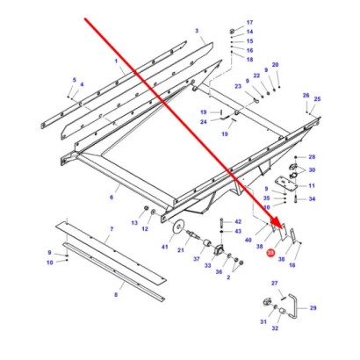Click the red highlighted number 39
pyautogui.click(x=270, y=254)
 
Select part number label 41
pyautogui.click(x=164, y=249)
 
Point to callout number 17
pyautogui.click(x=248, y=21)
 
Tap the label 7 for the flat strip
pyautogui.click(x=111, y=228)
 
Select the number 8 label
pyautogui.click(x=116, y=295)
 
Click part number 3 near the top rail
pyautogui.click(x=199, y=31)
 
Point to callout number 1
pyautogui.click(x=116, y=59)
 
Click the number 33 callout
pyautogui.click(x=208, y=267)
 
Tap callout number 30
pyautogui.click(x=312, y=170)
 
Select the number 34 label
pyautogui.click(x=312, y=198)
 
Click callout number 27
pyautogui.click(x=275, y=284)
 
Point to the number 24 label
pyautogui.click(x=202, y=123)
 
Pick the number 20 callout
pyautogui.click(x=275, y=66)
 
